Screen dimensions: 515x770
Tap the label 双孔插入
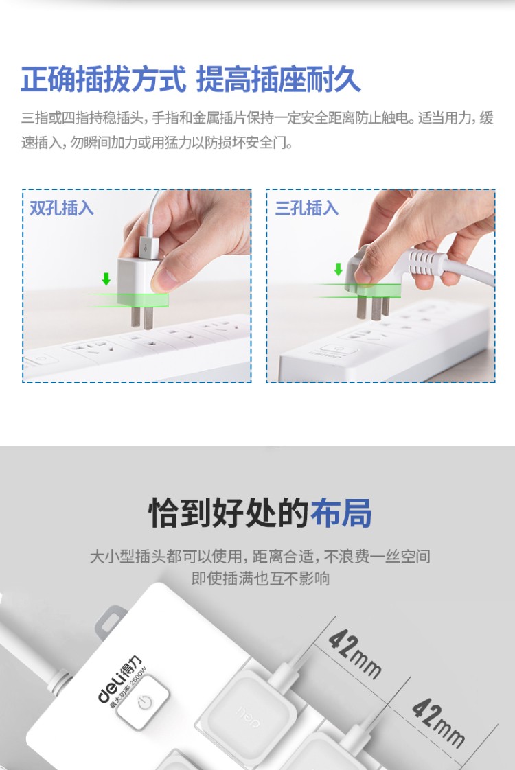pos(61,208)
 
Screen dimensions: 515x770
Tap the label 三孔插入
pos(307,208)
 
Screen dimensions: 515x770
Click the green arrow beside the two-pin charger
pos(106,279)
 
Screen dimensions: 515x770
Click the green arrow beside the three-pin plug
pos(338,269)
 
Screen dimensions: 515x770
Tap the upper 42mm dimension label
pos(354,654)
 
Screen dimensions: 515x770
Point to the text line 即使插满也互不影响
pos(260,579)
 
